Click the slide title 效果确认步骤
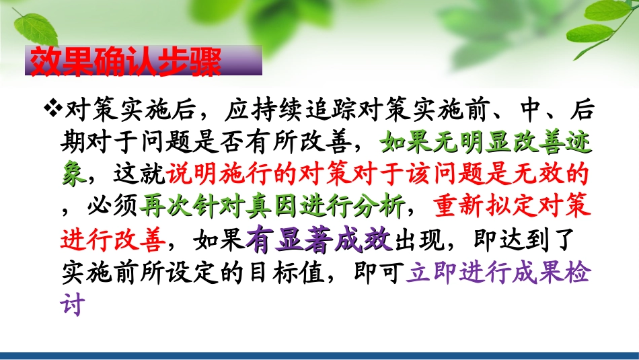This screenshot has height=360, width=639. pyautogui.click(x=125, y=62)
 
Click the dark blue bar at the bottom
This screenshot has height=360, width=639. pyautogui.click(x=319, y=355)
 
